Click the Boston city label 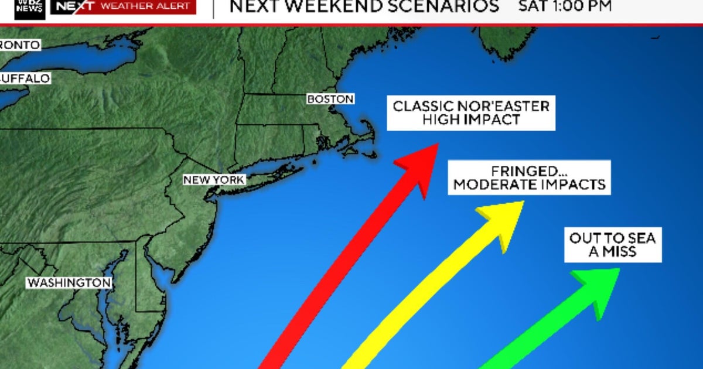coord(330,100)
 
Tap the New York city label coord(214,180)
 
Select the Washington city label coord(69,283)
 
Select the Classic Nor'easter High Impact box coord(471,114)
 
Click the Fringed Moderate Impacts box coord(529,177)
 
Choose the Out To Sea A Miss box coord(612,245)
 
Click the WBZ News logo coord(30,7)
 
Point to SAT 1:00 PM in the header coord(565,6)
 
